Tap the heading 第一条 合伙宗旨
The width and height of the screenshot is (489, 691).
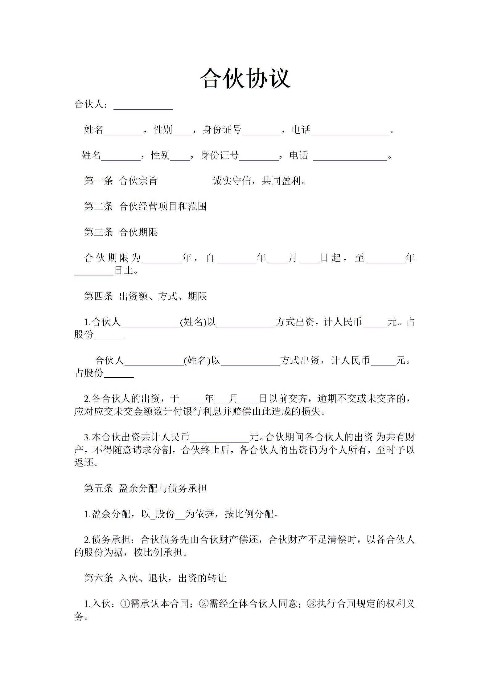(121, 181)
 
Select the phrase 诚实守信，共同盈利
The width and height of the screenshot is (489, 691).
(257, 181)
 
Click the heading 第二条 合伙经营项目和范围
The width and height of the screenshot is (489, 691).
(145, 206)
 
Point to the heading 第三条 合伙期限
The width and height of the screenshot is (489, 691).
(121, 232)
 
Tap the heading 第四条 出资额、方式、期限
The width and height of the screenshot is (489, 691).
(145, 296)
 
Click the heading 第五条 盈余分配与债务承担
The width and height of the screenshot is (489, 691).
(145, 488)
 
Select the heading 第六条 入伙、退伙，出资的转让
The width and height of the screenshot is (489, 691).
(155, 578)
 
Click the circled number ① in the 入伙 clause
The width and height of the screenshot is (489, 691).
(125, 604)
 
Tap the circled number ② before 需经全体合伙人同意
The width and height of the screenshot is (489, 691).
(203, 604)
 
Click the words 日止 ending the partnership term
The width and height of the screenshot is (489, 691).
(124, 270)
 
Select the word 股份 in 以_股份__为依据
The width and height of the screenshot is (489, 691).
(165, 514)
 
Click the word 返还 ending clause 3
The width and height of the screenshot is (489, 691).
(84, 463)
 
